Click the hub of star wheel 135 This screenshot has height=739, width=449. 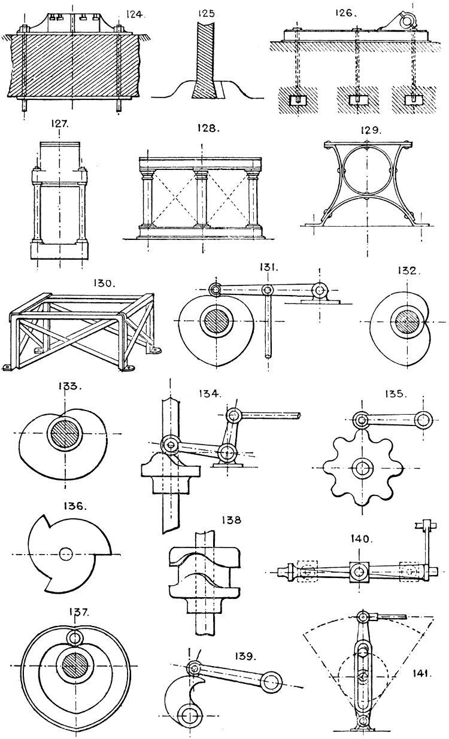pyautogui.click(x=362, y=467)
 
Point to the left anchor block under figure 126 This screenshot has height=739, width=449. pyautogui.click(x=298, y=99)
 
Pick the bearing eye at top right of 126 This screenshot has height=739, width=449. pyautogui.click(x=410, y=22)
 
